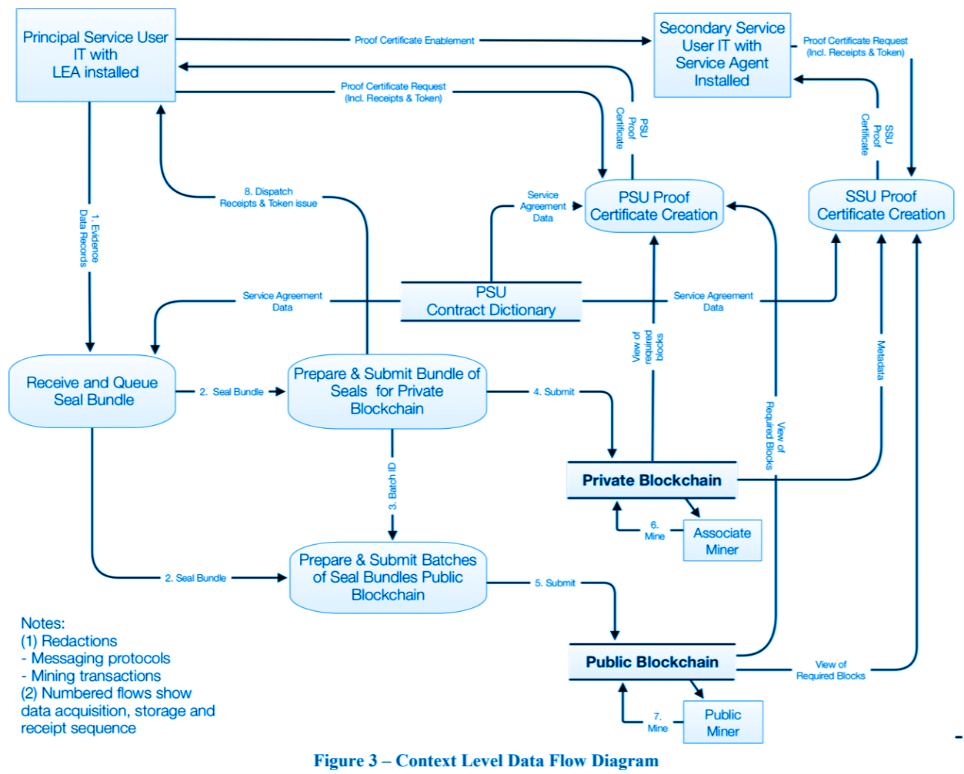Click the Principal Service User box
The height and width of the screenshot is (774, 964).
point(95,55)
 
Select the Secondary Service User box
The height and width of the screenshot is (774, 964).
point(722,55)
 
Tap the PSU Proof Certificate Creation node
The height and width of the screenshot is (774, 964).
point(654,206)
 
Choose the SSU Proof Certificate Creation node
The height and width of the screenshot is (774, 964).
point(881,205)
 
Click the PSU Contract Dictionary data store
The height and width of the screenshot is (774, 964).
point(491,301)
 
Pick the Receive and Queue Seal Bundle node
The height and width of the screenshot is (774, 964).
point(92,391)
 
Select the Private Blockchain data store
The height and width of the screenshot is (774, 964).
point(652,480)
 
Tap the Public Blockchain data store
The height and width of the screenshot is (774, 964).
point(652,662)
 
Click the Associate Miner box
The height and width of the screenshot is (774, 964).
point(722,541)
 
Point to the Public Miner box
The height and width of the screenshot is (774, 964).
point(722,723)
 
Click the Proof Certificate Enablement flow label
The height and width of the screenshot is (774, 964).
point(414,40)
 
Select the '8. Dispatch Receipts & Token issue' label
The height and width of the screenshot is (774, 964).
point(269,198)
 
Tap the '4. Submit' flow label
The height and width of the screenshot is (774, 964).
point(554,392)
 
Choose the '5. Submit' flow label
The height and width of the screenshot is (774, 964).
point(555,583)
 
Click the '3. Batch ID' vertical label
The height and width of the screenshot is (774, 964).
point(392,487)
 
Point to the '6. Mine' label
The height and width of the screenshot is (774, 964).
point(655,531)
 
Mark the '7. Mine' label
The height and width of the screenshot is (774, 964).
point(657,723)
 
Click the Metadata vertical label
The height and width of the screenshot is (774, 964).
point(881,360)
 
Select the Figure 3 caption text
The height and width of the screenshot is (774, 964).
point(486,760)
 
